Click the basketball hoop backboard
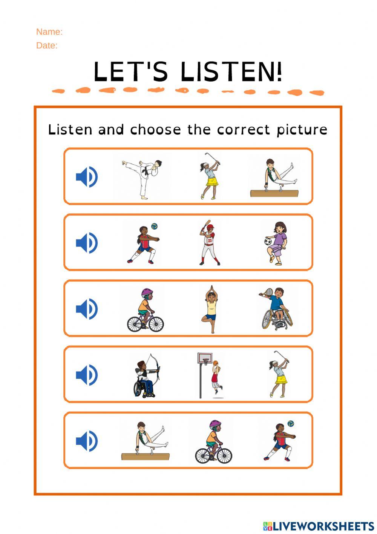click(x=205, y=358)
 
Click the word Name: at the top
click(x=49, y=32)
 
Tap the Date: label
click(x=47, y=46)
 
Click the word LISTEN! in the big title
click(x=231, y=72)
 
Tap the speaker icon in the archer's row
click(x=87, y=375)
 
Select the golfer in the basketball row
click(x=279, y=374)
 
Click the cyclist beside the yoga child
click(x=146, y=310)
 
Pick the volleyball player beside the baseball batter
click(x=143, y=244)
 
